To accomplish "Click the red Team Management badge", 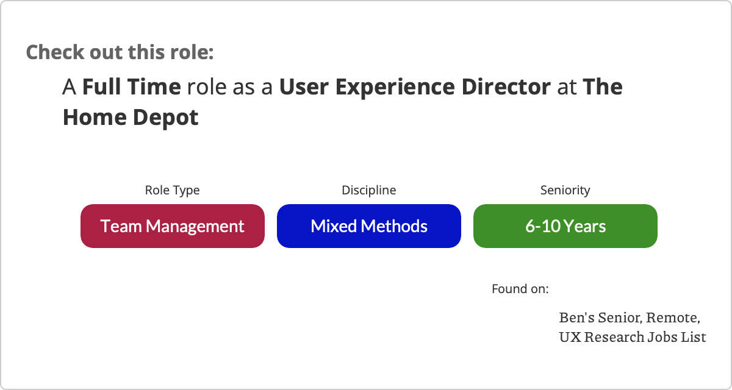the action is [173, 226].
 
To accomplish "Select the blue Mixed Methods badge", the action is [369, 226].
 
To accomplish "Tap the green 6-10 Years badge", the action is [565, 226].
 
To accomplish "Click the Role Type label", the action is [172, 190].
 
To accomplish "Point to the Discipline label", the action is [369, 190].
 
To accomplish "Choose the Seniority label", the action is [565, 190].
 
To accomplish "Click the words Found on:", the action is [520, 289].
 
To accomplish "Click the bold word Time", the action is [154, 87].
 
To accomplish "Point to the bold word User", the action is [304, 87].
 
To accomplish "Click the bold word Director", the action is [506, 87].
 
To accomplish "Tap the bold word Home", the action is [95, 117].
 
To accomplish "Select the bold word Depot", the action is [166, 118].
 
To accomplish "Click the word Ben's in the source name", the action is [577, 317].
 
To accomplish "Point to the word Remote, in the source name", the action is [673, 318].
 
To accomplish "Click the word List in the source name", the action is [694, 337].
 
